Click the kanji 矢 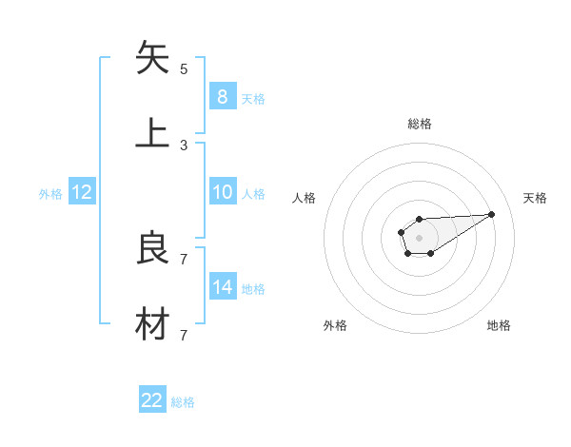(153, 58)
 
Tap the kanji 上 (153, 132)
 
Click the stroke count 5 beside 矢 (184, 69)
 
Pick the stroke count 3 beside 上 (184, 145)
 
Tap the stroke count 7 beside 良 (184, 260)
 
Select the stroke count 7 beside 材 (184, 335)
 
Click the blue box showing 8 (222, 96)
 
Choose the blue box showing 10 (222, 192)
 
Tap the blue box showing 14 (222, 287)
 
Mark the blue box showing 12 (81, 192)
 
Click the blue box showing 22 (152, 400)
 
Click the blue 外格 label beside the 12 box (50, 194)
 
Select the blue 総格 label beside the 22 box (183, 402)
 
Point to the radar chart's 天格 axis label (535, 198)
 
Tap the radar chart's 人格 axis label (304, 198)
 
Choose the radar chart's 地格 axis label (499, 325)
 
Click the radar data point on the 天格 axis (492, 214)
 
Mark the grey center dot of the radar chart (419, 237)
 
